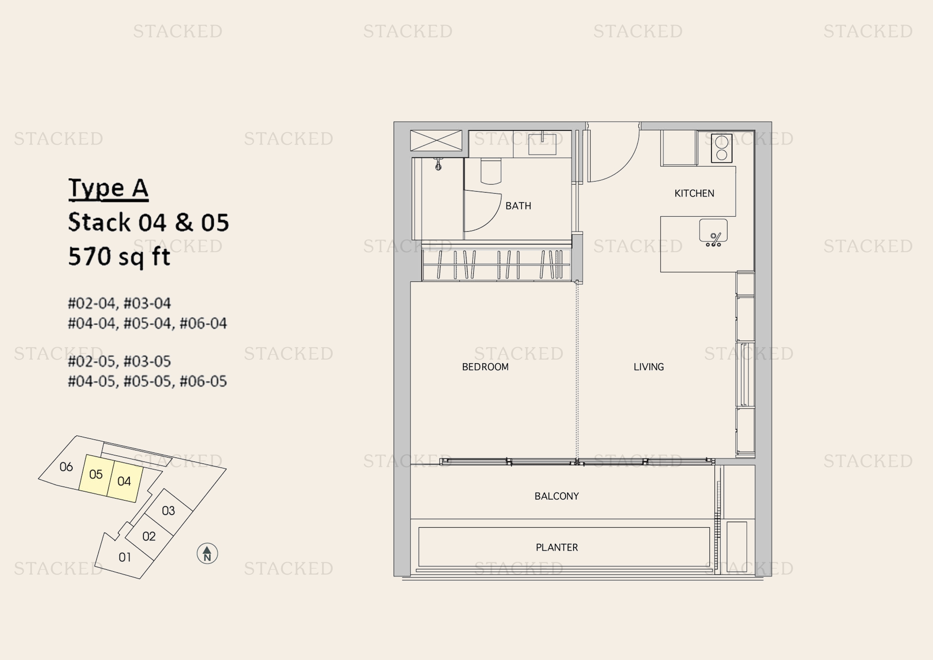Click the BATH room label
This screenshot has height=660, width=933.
coord(518,206)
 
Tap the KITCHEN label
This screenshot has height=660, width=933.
coord(694,193)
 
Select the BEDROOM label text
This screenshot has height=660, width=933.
coord(485,367)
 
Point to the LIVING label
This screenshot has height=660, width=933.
coord(649,367)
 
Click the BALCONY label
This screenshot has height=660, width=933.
coord(556,496)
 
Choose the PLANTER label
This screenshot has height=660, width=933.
coord(557,547)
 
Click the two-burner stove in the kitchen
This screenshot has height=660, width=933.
coord(722,148)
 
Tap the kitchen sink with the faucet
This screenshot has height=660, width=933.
coord(713,233)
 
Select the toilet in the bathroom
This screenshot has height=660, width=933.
coord(491,172)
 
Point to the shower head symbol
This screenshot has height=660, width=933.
coord(438,164)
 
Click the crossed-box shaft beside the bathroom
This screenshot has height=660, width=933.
coord(436,140)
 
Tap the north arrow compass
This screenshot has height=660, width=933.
coord(207,553)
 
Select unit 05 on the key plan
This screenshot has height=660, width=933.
coord(96,475)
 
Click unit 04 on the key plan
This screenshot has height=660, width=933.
coord(125,482)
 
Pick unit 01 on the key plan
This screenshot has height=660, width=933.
coord(124,557)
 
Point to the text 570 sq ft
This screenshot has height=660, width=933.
coord(119,257)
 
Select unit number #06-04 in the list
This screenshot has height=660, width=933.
coord(203,324)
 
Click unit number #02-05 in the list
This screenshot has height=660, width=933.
coord(91,361)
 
